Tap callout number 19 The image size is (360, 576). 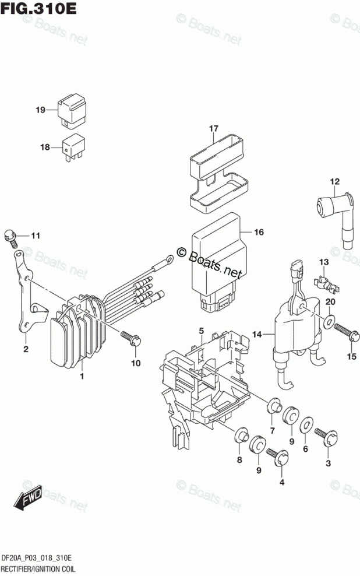point(40,110)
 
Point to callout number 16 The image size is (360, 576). point(259,232)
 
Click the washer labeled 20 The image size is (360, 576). point(329,320)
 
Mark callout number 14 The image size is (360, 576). point(256,334)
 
